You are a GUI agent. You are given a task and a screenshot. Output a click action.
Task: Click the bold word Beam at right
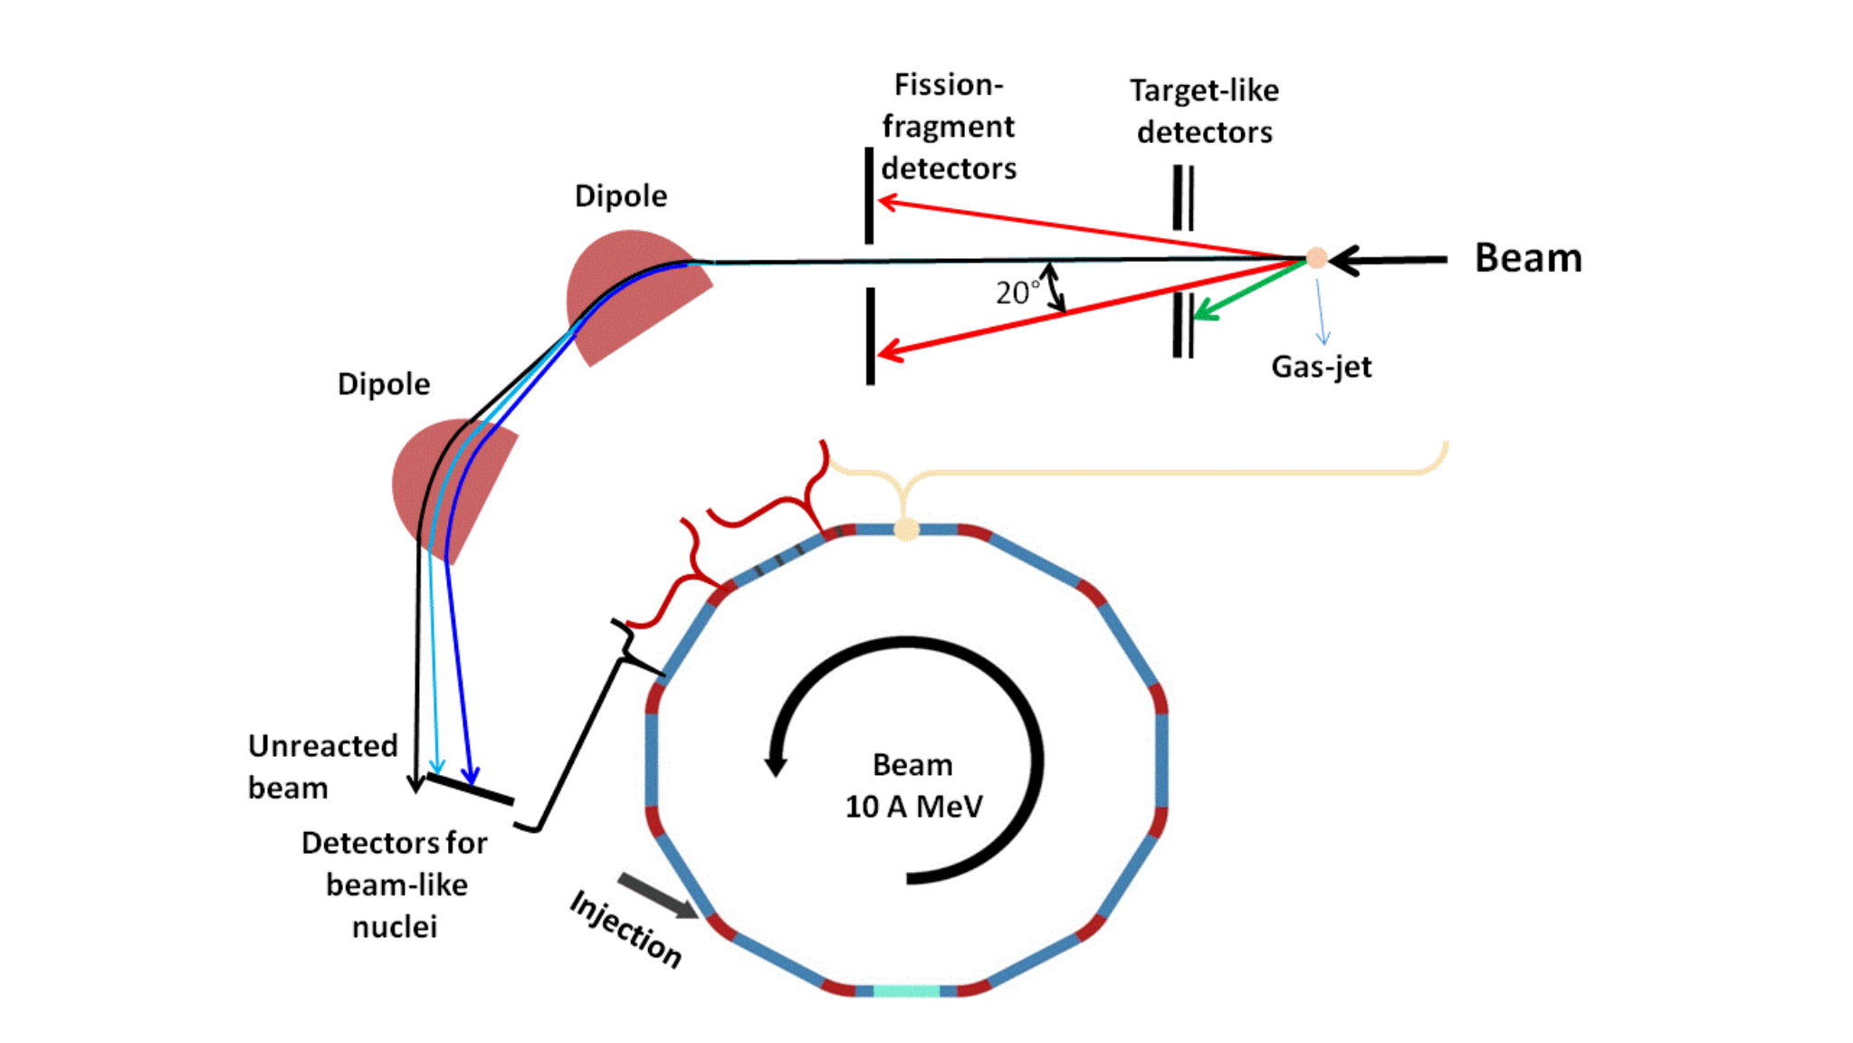(x=1528, y=258)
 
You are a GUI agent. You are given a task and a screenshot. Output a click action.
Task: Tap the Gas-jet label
(x=1322, y=367)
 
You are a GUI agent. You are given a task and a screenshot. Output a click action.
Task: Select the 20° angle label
(x=1017, y=292)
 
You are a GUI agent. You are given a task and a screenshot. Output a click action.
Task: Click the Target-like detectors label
(x=1204, y=111)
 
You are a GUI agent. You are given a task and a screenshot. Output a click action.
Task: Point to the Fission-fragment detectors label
(x=949, y=126)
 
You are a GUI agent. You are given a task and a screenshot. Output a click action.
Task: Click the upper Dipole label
(x=621, y=196)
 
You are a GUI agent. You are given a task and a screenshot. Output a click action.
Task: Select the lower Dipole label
(x=384, y=384)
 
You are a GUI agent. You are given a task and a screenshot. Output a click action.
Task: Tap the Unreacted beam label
(x=323, y=766)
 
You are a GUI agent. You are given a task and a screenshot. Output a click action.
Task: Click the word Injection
(x=626, y=929)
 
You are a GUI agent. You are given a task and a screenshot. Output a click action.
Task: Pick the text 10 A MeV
(x=913, y=807)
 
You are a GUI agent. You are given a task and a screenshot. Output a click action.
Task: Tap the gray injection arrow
(x=658, y=896)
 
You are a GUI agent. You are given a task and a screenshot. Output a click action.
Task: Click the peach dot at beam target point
(x=1317, y=259)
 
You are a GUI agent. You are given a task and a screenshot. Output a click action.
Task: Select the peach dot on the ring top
(x=906, y=530)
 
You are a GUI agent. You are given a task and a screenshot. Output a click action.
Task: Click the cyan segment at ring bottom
(x=906, y=991)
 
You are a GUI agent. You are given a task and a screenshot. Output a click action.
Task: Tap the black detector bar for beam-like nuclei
(x=470, y=789)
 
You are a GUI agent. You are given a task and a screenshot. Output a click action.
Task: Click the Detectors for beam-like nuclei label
(x=395, y=885)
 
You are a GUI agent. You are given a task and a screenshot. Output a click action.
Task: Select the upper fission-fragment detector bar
(x=869, y=196)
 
